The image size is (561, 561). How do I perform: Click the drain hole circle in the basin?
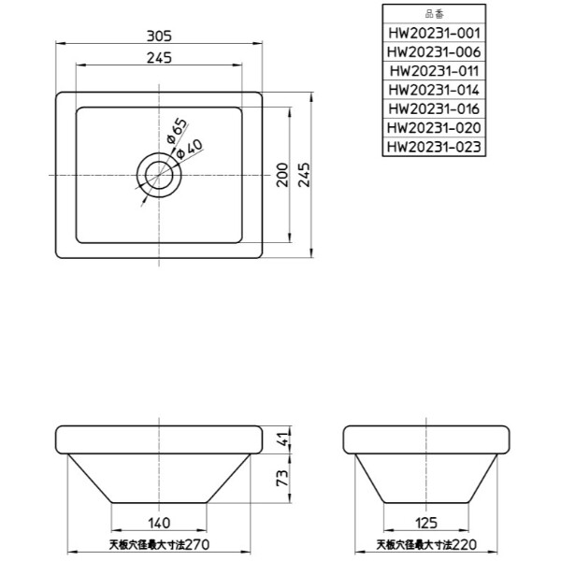pos(160,175)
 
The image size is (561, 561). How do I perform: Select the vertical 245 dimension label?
pos(304,174)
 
